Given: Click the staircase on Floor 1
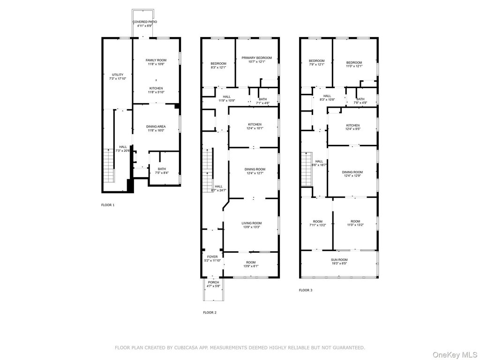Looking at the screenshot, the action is coord(109,165).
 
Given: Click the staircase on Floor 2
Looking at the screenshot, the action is coord(208,170).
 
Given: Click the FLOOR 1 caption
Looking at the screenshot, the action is coord(108,205).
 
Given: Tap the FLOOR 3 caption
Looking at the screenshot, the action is coord(306,290).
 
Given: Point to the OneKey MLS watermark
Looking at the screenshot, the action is coord(455,355).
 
